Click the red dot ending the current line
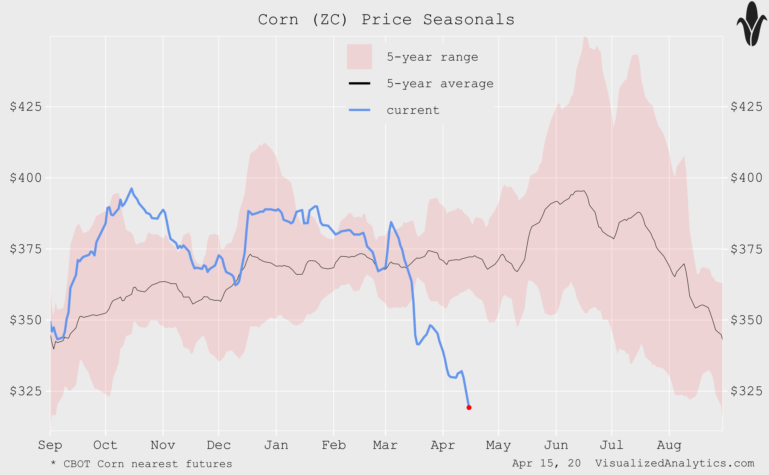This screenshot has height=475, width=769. click(469, 408)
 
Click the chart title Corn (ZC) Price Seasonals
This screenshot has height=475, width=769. click(386, 20)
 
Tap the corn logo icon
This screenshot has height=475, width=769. click(752, 24)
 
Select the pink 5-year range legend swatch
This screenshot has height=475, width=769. click(359, 57)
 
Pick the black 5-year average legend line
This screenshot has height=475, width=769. click(360, 83)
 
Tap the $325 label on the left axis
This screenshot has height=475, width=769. click(26, 391)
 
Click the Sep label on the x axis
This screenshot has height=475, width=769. click(50, 445)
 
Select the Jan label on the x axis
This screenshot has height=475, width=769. click(276, 445)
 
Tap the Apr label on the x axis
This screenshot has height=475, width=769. click(443, 445)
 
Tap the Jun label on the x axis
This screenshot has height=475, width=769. click(556, 445)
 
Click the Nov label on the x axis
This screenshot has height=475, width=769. click(163, 445)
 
